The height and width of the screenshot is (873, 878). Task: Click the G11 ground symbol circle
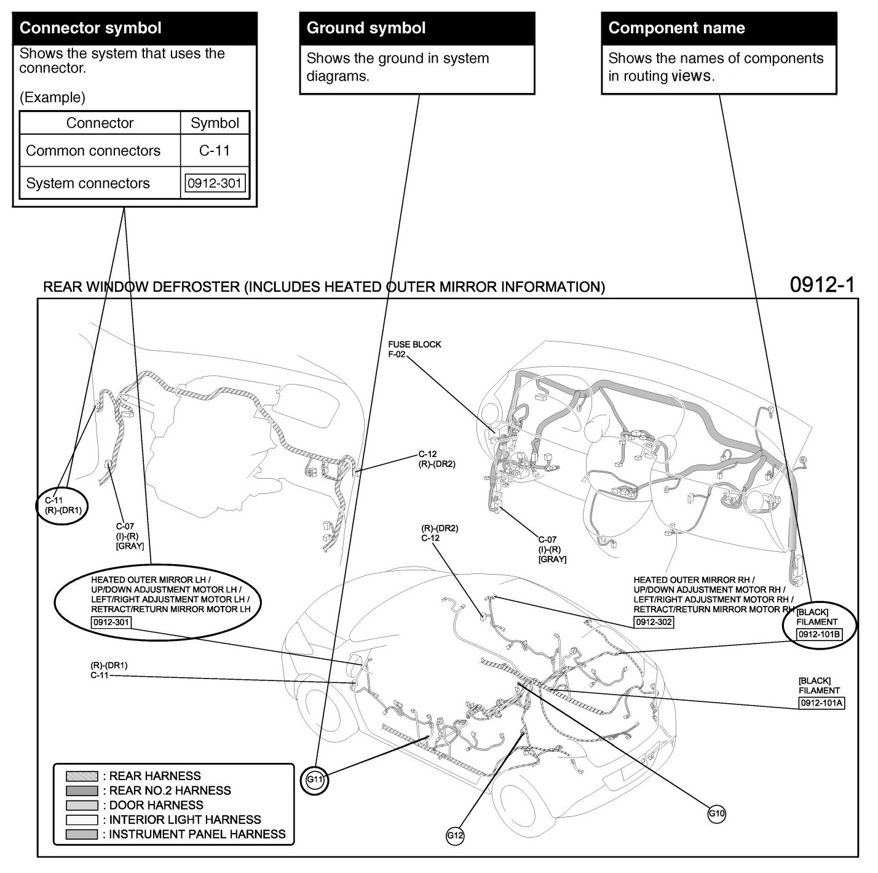click(x=315, y=780)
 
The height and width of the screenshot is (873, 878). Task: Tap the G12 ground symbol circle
click(x=455, y=835)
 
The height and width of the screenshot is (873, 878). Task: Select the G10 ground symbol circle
click(x=717, y=813)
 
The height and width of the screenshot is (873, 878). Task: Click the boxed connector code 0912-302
click(x=654, y=622)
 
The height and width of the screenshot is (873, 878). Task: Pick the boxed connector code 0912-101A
click(x=821, y=703)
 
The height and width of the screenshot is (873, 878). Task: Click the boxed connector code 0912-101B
click(x=818, y=634)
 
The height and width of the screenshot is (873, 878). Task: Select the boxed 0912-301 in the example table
click(x=215, y=183)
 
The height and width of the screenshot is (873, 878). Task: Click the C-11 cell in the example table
click(x=215, y=151)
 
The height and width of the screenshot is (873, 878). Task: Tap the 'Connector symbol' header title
click(x=90, y=28)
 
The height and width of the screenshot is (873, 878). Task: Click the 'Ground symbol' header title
click(x=366, y=28)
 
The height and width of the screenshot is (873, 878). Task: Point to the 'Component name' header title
click(x=676, y=28)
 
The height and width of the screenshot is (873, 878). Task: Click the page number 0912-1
click(x=822, y=284)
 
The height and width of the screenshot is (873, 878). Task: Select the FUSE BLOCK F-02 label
click(x=414, y=349)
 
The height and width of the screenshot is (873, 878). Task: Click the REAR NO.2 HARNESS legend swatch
click(x=82, y=791)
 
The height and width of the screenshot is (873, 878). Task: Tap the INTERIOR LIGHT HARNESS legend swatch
click(x=82, y=819)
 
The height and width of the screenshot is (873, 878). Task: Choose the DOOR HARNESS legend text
click(x=156, y=805)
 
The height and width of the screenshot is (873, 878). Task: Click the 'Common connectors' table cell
click(x=93, y=151)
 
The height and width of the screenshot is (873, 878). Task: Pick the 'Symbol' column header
click(x=215, y=123)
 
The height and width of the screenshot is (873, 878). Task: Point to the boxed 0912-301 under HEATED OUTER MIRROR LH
click(x=111, y=622)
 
